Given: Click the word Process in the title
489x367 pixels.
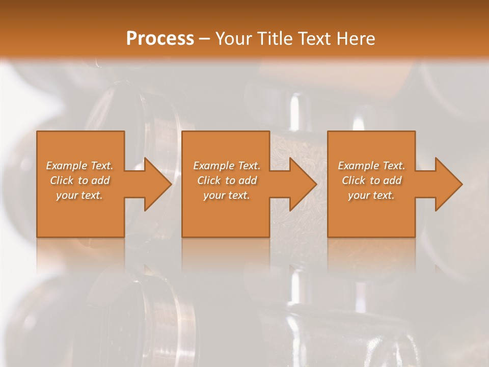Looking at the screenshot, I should pyautogui.click(x=160, y=39).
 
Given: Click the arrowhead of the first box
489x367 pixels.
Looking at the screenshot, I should pyautogui.click(x=156, y=184).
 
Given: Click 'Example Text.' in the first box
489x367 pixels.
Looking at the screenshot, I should pyautogui.click(x=80, y=166).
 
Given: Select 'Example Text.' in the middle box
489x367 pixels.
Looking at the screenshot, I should pyautogui.click(x=226, y=166).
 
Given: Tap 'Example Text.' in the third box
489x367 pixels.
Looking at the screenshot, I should pyautogui.click(x=371, y=166).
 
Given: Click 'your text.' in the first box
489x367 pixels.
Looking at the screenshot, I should pyautogui.click(x=80, y=195).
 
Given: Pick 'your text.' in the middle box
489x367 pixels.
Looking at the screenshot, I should pyautogui.click(x=226, y=195).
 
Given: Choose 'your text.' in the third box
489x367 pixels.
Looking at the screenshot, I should pyautogui.click(x=371, y=195).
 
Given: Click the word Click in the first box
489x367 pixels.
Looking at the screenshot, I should pyautogui.click(x=62, y=180).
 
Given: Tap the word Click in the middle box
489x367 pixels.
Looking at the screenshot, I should pyautogui.click(x=209, y=180).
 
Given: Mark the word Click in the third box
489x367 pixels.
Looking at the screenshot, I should pyautogui.click(x=354, y=180).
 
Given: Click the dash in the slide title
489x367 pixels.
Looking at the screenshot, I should pyautogui.click(x=204, y=39).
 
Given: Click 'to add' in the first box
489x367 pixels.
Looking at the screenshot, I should pyautogui.click(x=94, y=180).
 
